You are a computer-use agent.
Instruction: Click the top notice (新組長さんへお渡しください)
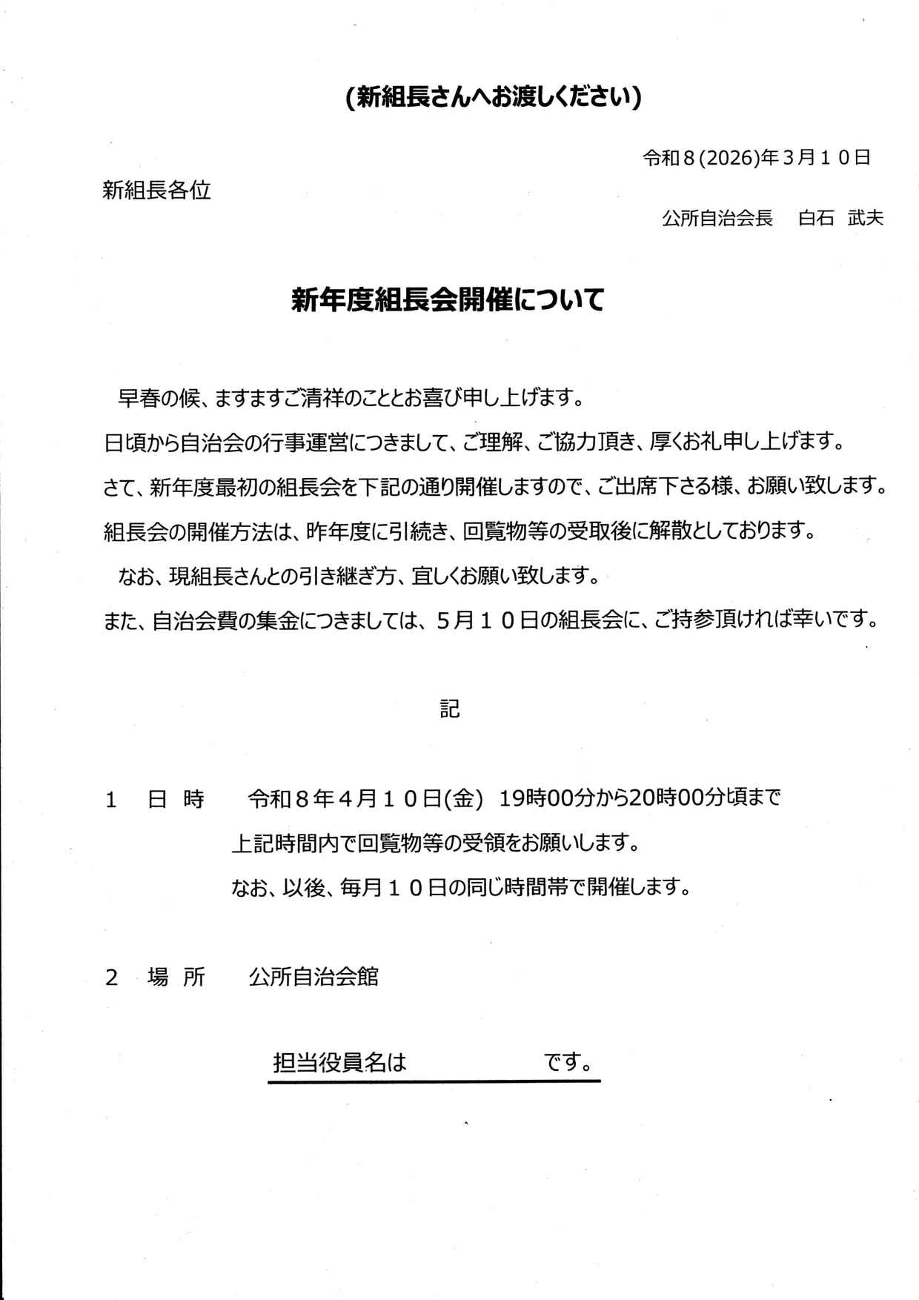tap(493, 97)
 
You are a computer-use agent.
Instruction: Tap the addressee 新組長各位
tap(156, 190)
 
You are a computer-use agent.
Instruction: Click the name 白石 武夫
tap(840, 218)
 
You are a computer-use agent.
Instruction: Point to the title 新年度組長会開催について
tap(448, 300)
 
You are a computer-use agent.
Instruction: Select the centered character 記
tap(450, 709)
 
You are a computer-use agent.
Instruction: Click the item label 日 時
tap(176, 800)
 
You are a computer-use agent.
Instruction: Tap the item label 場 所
tap(176, 978)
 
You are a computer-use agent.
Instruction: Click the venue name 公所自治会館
tap(313, 978)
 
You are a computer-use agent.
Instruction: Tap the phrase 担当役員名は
tap(340, 1064)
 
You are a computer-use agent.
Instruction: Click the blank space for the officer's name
tap(474, 1064)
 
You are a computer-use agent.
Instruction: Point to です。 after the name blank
tap(568, 1064)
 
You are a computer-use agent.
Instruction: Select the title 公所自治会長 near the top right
tap(717, 218)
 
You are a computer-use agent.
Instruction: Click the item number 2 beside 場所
tap(112, 978)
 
